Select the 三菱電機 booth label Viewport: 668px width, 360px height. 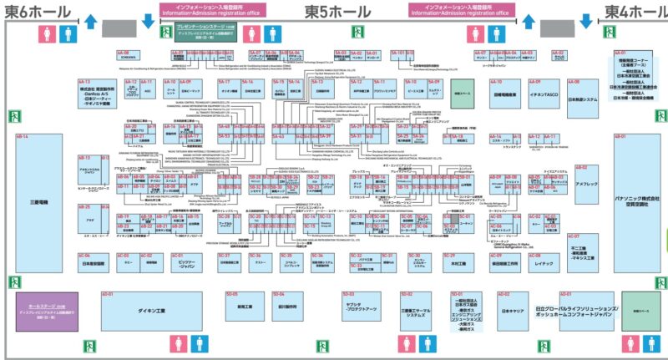click(x=42, y=202)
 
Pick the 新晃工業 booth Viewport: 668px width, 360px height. click(x=245, y=307)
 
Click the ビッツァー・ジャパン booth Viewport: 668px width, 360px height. click(x=195, y=264)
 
